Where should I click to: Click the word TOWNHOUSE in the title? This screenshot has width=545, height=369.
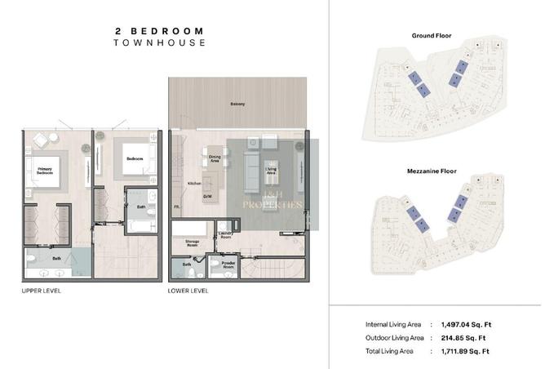pos(160,42)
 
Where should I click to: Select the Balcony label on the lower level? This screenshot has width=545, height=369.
pos(237,104)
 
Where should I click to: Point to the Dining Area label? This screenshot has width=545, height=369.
pos(215,158)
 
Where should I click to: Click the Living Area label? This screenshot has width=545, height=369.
pos(272,171)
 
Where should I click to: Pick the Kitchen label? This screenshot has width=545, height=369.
pos(194,183)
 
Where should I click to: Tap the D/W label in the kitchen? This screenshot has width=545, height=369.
pos(209,196)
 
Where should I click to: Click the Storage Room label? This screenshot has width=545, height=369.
pos(193,242)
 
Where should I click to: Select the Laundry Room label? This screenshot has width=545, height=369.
pos(227,235)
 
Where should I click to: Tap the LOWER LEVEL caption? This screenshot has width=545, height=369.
pos(188,291)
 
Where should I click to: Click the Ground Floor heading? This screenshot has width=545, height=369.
pos(432,36)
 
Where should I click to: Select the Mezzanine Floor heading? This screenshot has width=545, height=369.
pos(432,172)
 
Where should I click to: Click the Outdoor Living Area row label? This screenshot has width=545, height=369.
pos(394,337)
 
